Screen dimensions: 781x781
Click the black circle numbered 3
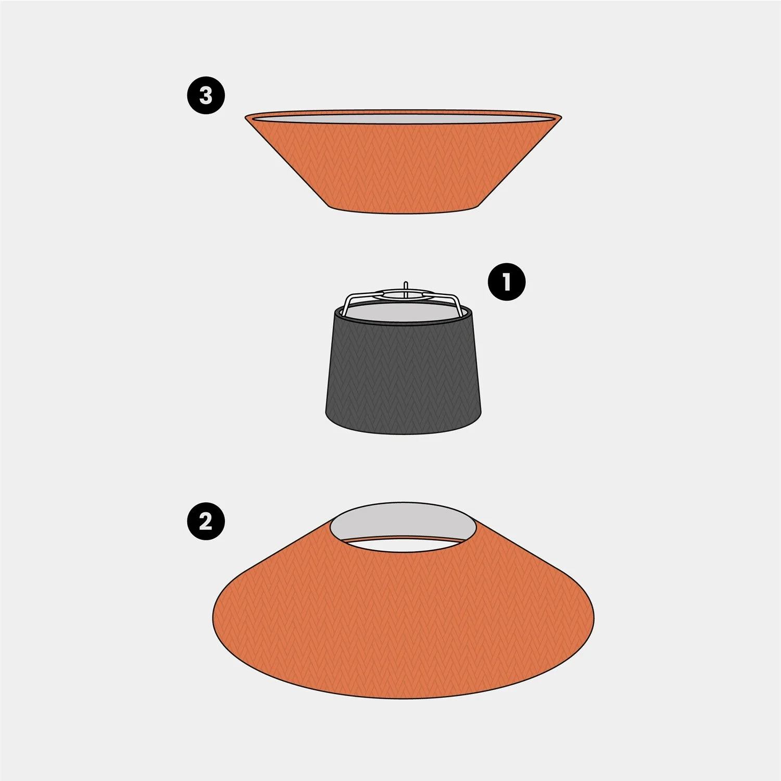click(x=206, y=95)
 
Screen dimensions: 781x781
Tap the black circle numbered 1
click(x=507, y=282)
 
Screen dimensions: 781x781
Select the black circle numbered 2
click(x=206, y=520)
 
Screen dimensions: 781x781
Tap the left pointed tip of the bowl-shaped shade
click(x=246, y=117)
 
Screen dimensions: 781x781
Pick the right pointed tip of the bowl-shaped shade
click(x=561, y=116)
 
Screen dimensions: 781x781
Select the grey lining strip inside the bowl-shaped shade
click(x=404, y=118)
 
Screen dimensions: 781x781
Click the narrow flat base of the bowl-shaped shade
click(x=404, y=210)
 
